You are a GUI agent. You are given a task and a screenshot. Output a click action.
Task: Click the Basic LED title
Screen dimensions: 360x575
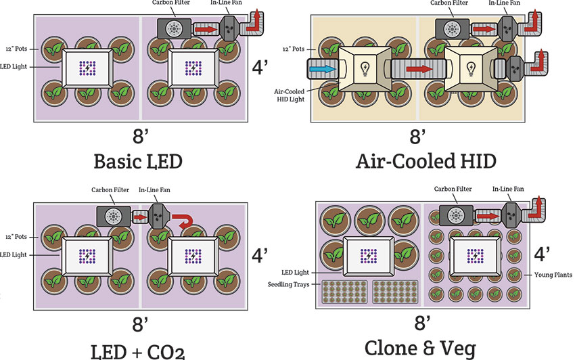point(139,162)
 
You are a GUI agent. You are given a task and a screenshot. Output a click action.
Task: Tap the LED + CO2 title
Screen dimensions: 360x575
point(139,350)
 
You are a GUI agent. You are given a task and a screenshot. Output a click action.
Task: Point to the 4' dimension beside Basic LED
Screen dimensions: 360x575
point(260,68)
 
